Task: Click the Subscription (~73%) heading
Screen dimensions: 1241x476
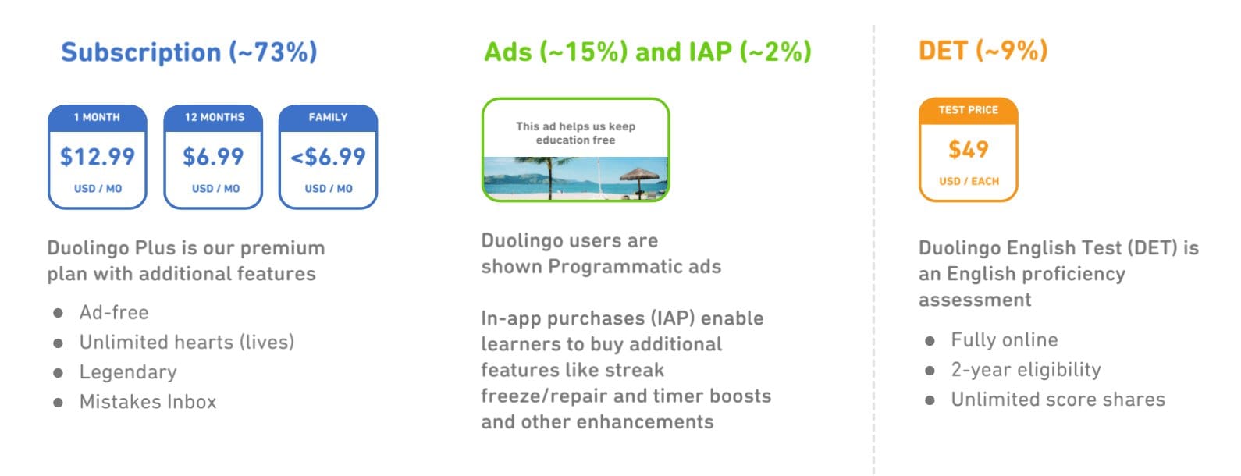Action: tap(189, 52)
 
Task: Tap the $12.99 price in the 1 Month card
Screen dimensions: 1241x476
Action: tap(98, 157)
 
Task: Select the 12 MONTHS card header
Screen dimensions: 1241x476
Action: tap(215, 118)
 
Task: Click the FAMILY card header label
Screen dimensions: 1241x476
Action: tap(328, 118)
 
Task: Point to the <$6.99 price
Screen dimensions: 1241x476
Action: tap(328, 157)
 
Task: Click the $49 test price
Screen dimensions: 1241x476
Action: tap(968, 150)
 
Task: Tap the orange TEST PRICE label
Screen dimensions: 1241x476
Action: tap(968, 110)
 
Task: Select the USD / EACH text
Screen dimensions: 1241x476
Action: tap(969, 181)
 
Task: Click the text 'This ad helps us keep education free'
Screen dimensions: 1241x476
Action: tap(576, 133)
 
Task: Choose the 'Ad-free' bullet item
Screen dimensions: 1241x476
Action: tap(114, 313)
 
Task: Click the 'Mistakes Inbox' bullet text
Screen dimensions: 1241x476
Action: tap(148, 402)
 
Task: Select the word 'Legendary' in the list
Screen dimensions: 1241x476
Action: tap(128, 371)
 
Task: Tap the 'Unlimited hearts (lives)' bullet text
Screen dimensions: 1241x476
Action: tap(187, 343)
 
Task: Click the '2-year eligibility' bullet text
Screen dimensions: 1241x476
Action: tap(1026, 370)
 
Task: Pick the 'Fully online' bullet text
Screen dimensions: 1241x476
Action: tap(1005, 339)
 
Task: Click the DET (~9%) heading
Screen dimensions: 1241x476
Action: tap(983, 51)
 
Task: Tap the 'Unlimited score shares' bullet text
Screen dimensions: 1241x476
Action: tap(1058, 400)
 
